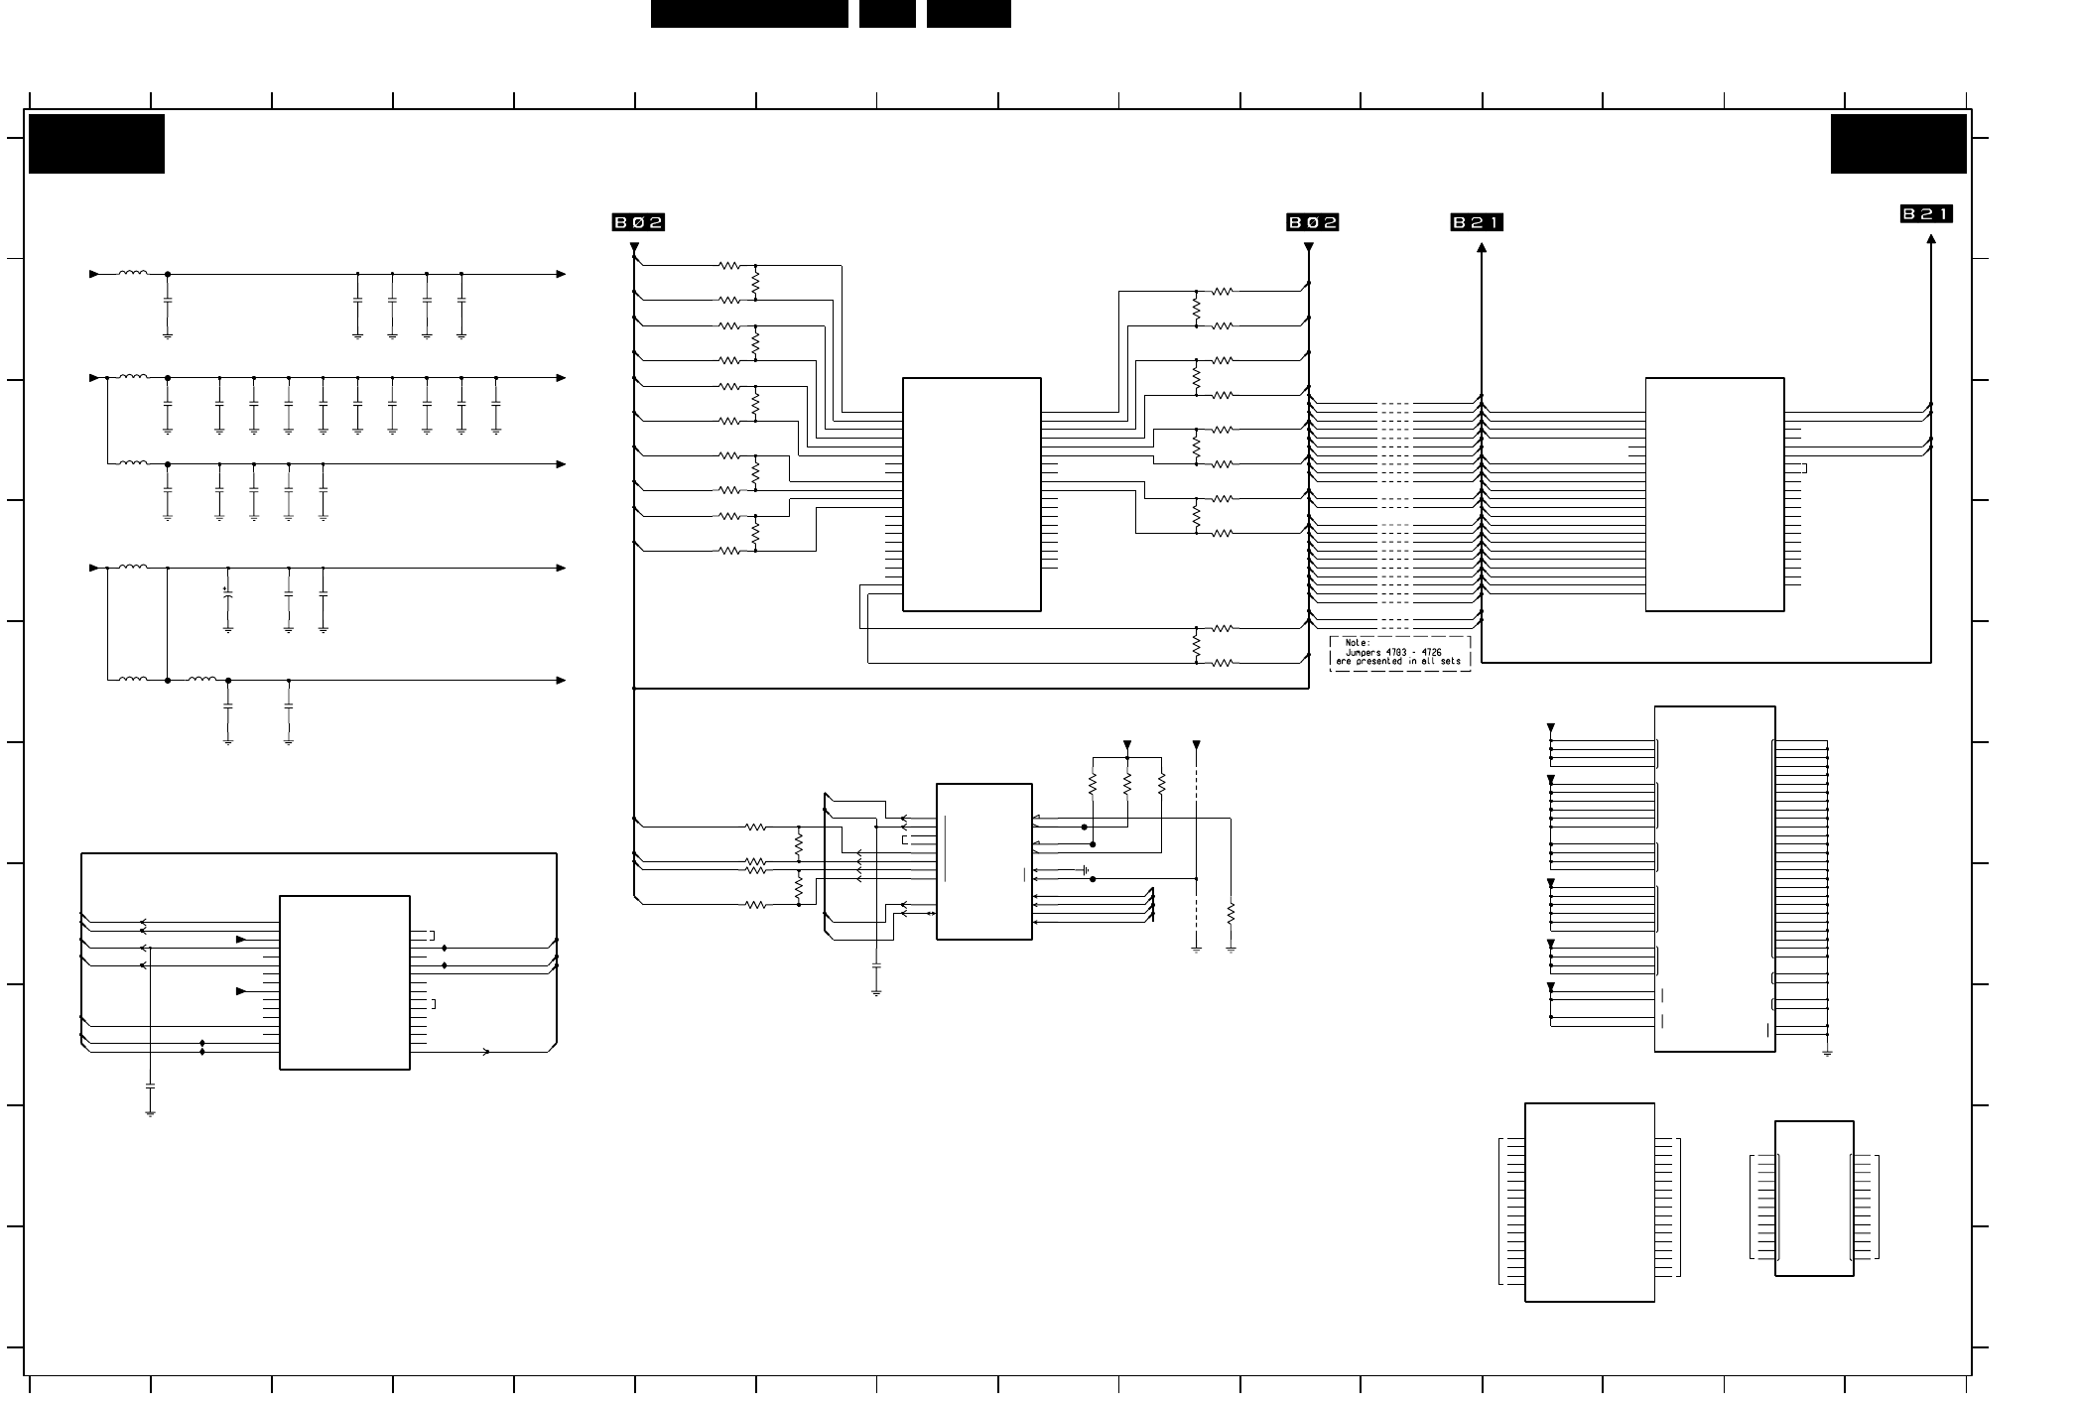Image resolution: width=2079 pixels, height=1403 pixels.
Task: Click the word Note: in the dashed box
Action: click(1357, 643)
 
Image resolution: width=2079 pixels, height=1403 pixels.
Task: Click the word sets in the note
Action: click(1451, 661)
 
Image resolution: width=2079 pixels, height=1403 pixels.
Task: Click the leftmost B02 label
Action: click(638, 222)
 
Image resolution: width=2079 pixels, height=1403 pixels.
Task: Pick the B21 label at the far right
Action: click(1926, 213)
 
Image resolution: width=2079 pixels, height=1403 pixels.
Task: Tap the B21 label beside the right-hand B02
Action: click(1477, 222)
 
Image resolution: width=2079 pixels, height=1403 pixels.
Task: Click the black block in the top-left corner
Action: click(96, 144)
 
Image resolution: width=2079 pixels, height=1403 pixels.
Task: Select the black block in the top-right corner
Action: click(1898, 144)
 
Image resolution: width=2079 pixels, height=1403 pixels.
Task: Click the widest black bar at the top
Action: click(749, 14)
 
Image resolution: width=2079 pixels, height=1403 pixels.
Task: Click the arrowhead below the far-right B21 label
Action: click(1931, 239)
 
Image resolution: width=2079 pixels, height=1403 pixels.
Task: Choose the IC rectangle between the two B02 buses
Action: click(972, 494)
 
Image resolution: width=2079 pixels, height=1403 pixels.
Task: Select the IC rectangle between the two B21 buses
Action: click(1715, 494)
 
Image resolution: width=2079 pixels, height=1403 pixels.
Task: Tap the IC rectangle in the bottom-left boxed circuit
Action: click(344, 982)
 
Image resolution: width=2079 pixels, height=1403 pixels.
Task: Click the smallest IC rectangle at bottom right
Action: click(1814, 1199)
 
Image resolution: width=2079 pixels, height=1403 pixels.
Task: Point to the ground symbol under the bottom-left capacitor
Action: click(150, 1113)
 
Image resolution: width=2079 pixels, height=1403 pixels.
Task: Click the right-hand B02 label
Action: click(1313, 222)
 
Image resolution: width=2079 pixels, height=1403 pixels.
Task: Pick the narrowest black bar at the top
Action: click(887, 14)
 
